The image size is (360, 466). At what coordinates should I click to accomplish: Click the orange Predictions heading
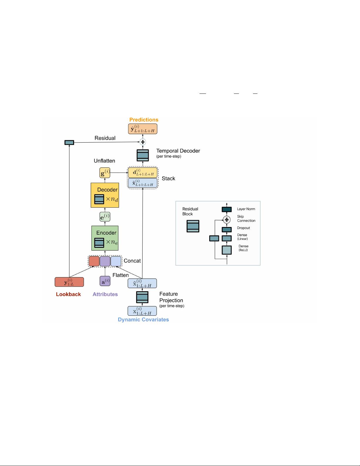[x=144, y=120]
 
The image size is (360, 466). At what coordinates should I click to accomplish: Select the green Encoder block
[x=105, y=238]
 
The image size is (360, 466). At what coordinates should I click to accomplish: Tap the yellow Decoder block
[x=105, y=195]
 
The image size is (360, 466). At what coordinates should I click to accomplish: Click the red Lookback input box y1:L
[x=69, y=282]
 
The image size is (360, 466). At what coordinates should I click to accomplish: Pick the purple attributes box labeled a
[x=105, y=281]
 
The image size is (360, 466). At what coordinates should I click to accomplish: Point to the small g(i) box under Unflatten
[x=105, y=173]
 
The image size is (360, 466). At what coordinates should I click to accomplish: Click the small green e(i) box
[x=105, y=217]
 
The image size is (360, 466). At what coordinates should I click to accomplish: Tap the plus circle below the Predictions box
[x=143, y=142]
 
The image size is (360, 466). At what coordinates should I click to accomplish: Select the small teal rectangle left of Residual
[x=69, y=143]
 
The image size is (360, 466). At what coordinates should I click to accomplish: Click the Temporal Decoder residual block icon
[x=143, y=155]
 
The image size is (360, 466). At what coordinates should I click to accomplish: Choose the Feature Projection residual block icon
[x=142, y=297]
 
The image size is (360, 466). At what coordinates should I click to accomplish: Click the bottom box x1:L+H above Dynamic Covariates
[x=142, y=311]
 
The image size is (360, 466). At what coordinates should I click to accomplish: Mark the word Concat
[x=132, y=261]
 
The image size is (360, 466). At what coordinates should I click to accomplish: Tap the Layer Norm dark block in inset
[x=227, y=209]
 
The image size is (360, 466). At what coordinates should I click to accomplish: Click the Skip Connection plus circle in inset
[x=227, y=220]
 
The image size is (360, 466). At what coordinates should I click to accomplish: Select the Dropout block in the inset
[x=227, y=230]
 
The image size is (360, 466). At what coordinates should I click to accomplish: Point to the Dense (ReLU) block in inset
[x=227, y=250]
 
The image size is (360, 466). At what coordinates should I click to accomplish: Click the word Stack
[x=168, y=178]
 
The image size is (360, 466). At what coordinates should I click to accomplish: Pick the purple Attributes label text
[x=105, y=294]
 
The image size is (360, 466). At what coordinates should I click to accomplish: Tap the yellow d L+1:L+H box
[x=143, y=173]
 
